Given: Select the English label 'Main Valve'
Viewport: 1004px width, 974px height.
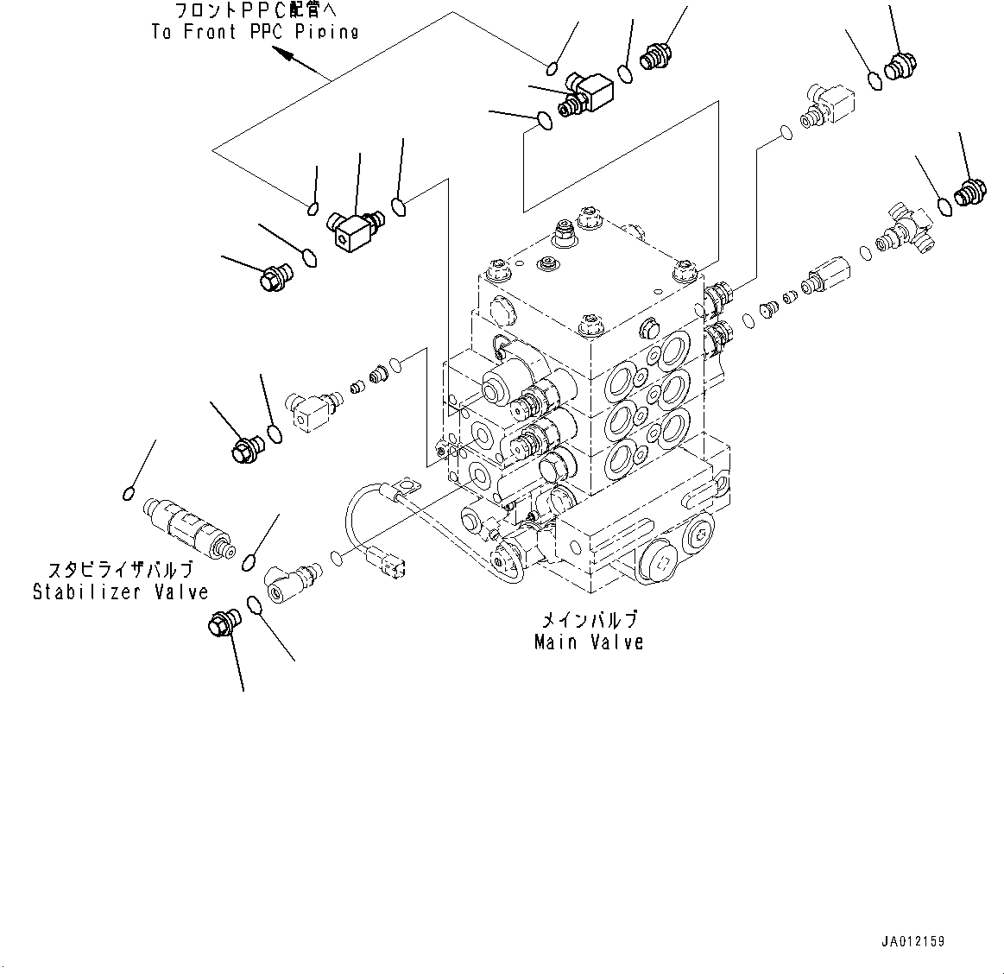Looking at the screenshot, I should point(589,642).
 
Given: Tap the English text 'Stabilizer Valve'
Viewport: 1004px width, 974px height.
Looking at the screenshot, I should point(121,592).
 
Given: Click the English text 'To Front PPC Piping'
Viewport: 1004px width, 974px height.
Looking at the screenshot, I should point(255,32).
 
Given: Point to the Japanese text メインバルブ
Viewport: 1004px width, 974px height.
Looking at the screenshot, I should point(589,620).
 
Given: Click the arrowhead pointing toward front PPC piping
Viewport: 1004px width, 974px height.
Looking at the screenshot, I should point(284,54).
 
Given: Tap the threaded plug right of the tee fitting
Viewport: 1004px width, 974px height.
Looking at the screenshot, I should point(969,191).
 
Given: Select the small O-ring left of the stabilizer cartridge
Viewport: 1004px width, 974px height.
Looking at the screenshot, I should point(127,493).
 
